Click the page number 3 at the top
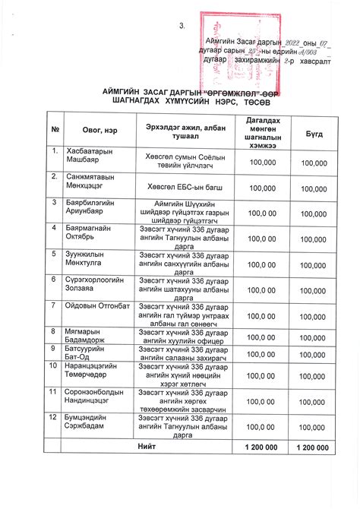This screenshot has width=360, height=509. coord(182,27)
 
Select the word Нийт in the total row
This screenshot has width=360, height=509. coord(147,447)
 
